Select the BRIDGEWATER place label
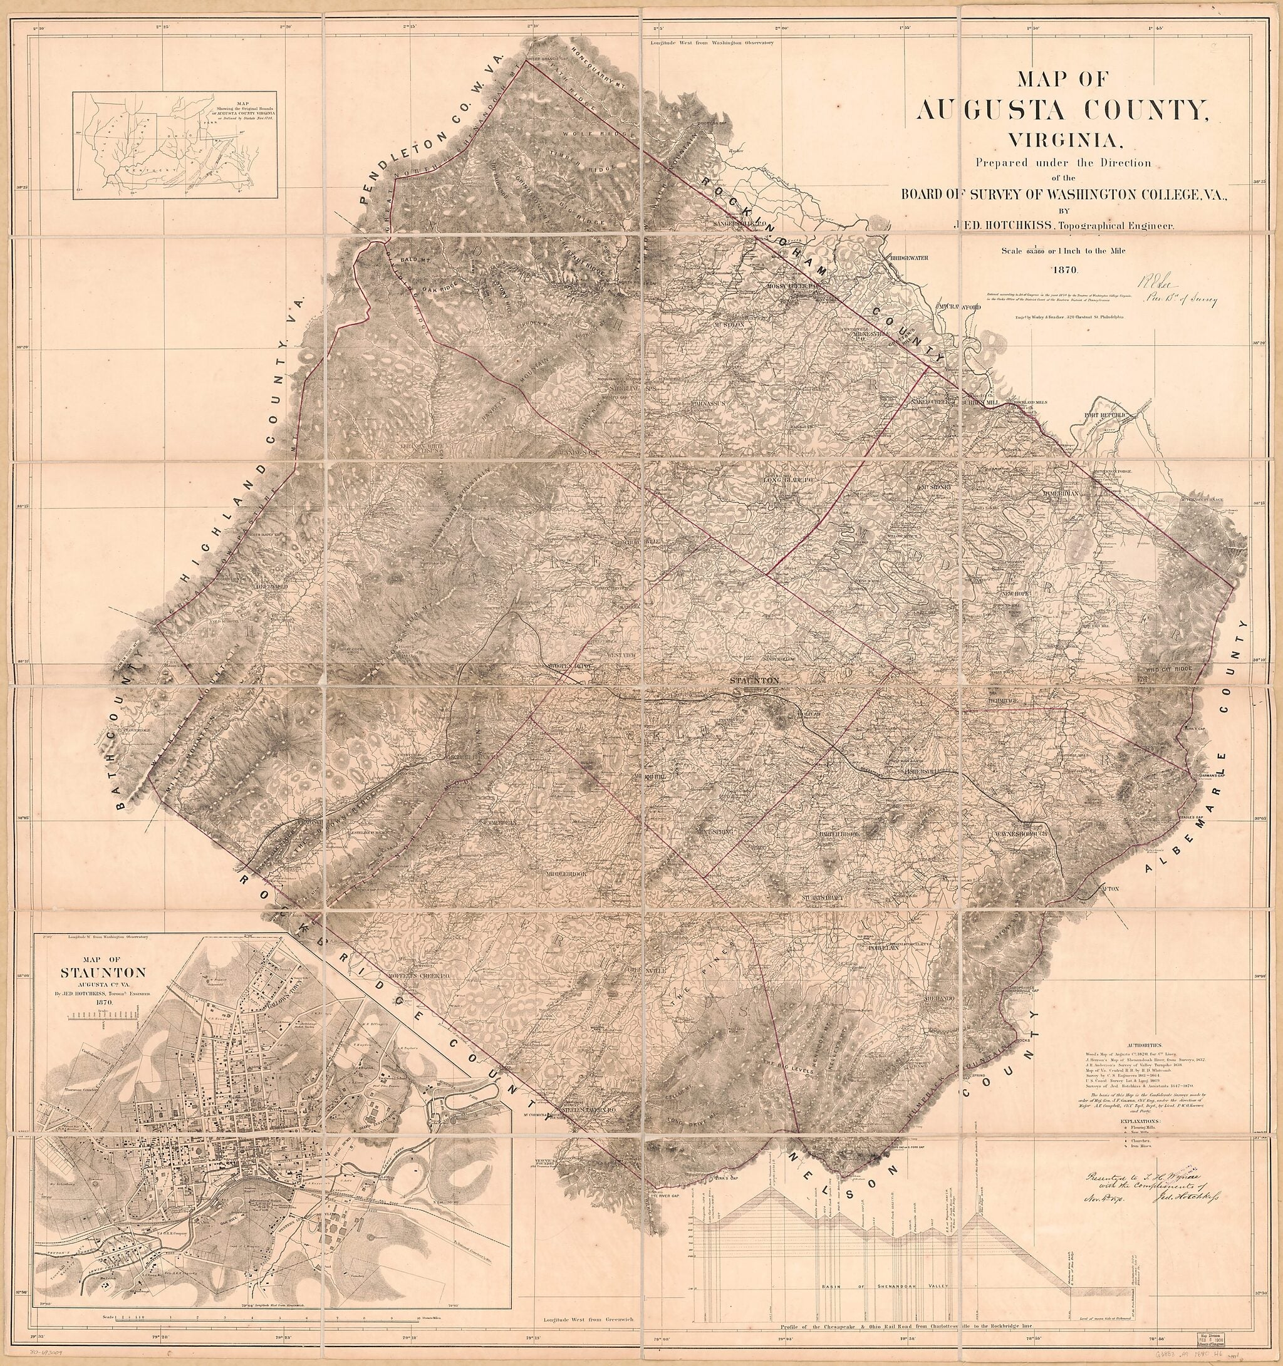(x=909, y=259)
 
